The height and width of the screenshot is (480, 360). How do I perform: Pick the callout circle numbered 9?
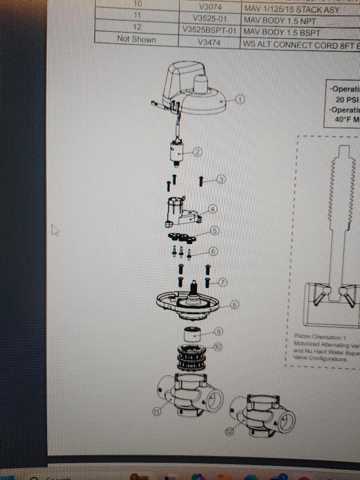pos(218,331)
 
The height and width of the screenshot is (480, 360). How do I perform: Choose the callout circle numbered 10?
pos(218,346)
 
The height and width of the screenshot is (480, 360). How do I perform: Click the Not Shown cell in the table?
pos(136,39)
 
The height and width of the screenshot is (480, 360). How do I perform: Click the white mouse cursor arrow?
pos(55,230)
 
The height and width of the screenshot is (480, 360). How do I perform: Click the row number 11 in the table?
pos(136,15)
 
